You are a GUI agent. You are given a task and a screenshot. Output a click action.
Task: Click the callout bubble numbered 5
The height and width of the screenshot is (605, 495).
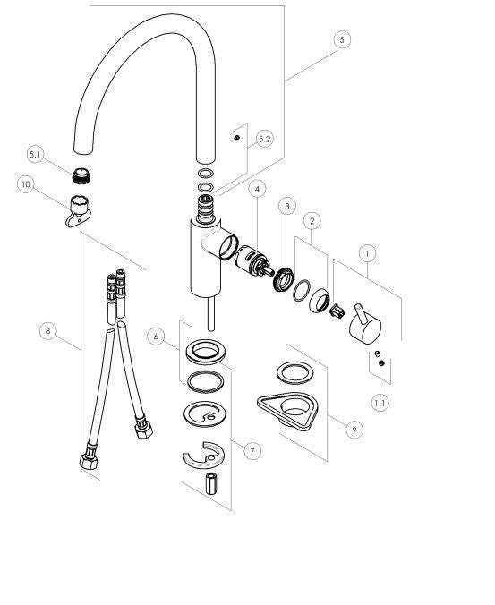coord(342,39)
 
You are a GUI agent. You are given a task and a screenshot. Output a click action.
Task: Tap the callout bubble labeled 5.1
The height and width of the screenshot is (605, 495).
coord(35,154)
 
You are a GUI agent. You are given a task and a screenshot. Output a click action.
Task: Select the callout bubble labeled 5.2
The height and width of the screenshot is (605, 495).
coord(265,139)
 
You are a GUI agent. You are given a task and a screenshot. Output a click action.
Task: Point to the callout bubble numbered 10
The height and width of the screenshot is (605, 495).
coord(26,184)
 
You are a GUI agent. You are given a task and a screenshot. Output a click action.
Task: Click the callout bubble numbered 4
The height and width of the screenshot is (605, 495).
coord(257,189)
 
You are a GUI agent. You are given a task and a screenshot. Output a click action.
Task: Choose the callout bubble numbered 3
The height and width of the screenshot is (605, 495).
coord(287,206)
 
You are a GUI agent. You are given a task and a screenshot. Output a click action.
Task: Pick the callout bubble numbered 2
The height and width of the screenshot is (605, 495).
coord(312,221)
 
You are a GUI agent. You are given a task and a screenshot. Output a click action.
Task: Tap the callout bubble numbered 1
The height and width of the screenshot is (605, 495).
coord(367,253)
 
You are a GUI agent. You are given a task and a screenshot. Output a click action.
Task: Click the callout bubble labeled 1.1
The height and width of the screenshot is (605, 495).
coord(380,404)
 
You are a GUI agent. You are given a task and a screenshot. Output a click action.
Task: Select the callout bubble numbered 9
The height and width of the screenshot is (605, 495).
coord(354,430)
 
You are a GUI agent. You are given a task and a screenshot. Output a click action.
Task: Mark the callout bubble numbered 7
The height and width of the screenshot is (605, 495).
coord(252,451)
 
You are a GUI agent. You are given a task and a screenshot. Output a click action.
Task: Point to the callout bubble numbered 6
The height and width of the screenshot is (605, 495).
coord(156,337)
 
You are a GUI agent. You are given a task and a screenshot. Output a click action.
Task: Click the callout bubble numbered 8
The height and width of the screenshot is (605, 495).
coord(48,331)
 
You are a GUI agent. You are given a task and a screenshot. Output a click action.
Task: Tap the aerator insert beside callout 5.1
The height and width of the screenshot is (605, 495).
coord(81,176)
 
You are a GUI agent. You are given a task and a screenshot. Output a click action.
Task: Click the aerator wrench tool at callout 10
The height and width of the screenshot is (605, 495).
coord(78,211)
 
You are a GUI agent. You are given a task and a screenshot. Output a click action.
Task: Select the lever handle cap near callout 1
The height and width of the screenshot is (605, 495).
coord(365,324)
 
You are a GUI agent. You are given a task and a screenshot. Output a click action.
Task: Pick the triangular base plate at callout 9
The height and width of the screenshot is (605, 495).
coord(288,411)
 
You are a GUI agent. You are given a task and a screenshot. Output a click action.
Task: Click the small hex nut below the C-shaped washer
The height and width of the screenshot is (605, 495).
coord(211,483)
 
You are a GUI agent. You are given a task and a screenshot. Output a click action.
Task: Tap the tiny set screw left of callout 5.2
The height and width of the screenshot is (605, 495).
coord(237,137)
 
